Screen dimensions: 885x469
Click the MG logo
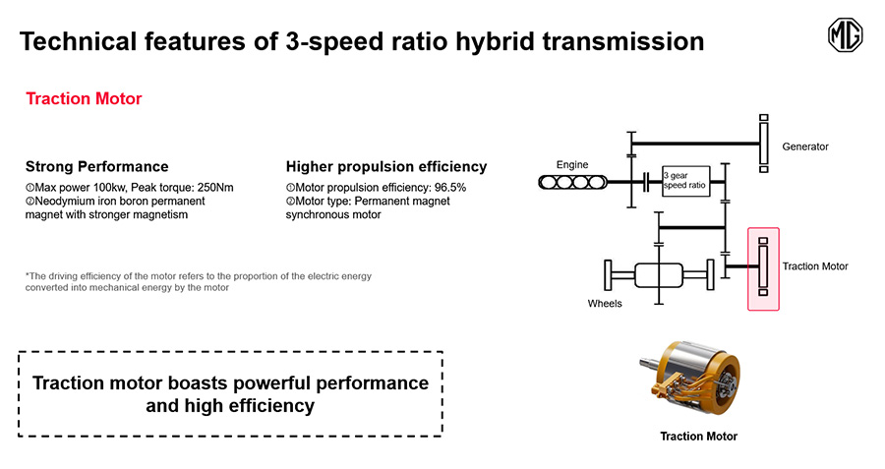click(x=845, y=35)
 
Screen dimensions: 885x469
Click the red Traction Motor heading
click(x=84, y=98)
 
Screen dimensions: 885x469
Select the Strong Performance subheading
click(x=97, y=166)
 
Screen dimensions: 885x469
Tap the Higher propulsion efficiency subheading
click(x=386, y=166)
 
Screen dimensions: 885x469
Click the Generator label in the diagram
click(x=804, y=147)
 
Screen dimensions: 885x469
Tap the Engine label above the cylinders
click(x=572, y=165)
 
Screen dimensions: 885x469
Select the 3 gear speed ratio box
click(x=685, y=181)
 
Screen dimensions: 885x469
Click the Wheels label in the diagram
click(x=605, y=304)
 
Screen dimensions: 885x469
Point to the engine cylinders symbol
click(x=572, y=182)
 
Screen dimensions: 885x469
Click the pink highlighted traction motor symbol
click(x=763, y=269)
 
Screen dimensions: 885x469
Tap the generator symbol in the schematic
click(x=764, y=144)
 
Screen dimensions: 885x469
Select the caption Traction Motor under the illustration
click(x=699, y=437)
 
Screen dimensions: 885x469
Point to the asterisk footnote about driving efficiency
click(x=198, y=281)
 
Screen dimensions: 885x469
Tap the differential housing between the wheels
click(x=659, y=275)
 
